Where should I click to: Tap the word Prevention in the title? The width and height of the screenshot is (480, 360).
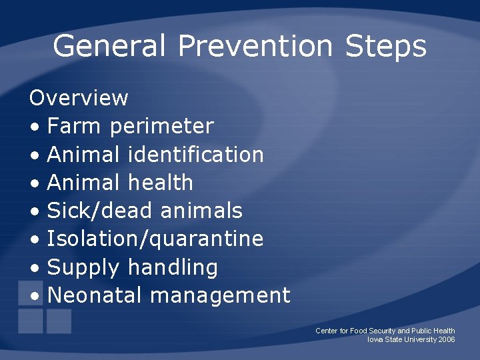255,47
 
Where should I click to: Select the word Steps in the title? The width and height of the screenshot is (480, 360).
385,47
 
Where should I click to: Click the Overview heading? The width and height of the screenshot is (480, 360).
79,98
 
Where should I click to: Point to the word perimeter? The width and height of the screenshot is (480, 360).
162,127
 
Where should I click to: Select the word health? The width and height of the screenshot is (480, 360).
160,183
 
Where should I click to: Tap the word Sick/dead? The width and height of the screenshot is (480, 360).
101,211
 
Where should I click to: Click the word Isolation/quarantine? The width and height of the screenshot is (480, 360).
155,239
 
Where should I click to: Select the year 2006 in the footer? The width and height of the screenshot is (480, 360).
447,339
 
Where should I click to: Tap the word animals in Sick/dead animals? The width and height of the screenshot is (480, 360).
201,211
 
